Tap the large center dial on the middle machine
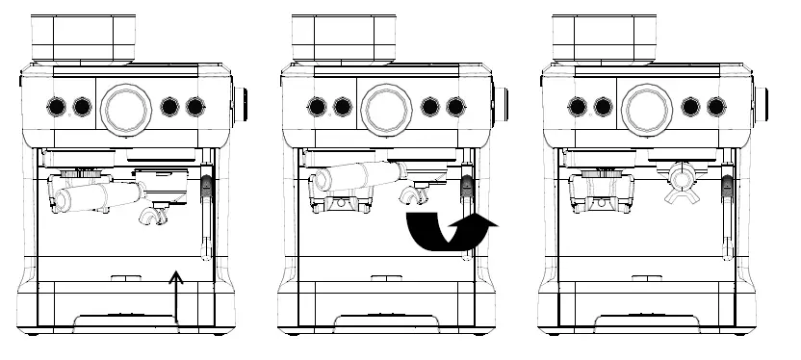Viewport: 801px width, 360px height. coord(386,107)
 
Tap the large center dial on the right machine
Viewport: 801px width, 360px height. coord(646,107)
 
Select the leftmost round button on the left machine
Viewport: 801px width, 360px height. coord(57,106)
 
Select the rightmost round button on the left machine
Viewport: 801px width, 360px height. coord(195,106)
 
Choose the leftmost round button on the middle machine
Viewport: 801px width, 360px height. coord(317,106)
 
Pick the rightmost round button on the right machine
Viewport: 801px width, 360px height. coord(715,106)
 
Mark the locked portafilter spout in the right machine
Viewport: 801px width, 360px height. coord(682,183)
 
